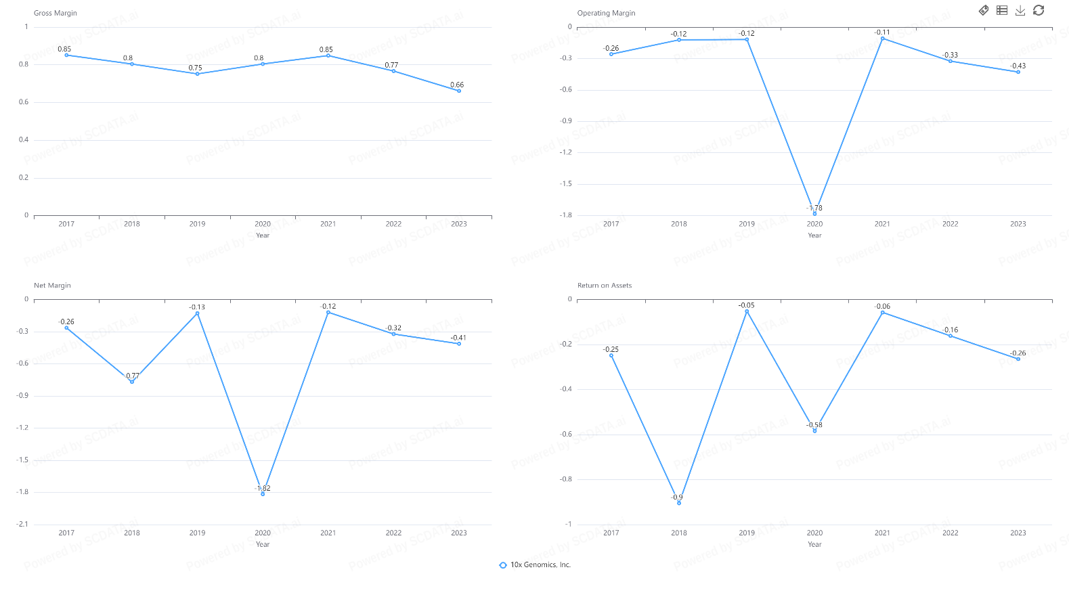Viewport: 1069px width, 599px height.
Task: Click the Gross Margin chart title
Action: click(x=56, y=13)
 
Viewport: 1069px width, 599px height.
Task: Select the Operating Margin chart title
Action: click(x=606, y=13)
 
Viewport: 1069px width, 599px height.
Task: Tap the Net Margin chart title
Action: click(x=52, y=286)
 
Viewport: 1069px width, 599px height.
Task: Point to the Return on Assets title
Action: click(x=604, y=286)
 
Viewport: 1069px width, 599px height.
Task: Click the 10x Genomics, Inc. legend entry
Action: click(x=535, y=565)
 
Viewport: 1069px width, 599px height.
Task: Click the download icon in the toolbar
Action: click(x=1020, y=10)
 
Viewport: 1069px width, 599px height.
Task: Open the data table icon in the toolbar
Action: click(x=1002, y=10)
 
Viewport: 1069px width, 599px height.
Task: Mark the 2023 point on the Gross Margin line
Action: click(x=459, y=91)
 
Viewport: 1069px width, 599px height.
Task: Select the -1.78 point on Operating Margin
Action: click(x=814, y=213)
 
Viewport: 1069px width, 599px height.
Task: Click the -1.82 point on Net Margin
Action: click(x=263, y=494)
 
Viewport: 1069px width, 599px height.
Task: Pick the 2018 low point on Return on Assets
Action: click(x=679, y=503)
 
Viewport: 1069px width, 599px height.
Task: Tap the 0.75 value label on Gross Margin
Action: click(x=195, y=68)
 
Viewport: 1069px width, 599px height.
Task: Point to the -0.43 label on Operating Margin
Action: click(x=1018, y=66)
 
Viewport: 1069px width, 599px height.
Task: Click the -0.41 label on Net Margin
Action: click(x=458, y=338)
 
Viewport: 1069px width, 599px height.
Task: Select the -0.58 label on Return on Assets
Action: click(x=814, y=425)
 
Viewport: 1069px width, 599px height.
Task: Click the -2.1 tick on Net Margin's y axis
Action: click(x=23, y=525)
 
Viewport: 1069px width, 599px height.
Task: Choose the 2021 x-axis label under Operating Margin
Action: click(x=882, y=224)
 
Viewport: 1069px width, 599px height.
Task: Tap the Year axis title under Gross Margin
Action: click(x=263, y=236)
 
